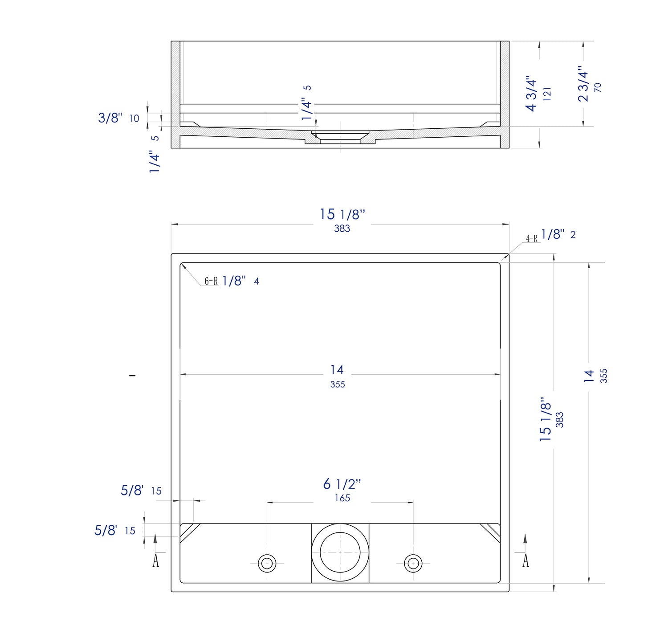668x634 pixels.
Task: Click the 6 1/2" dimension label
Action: point(342,484)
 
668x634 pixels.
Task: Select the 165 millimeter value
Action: point(342,498)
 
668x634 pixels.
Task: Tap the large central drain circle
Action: point(340,552)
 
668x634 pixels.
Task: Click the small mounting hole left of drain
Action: point(267,563)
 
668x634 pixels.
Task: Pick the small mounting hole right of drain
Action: point(413,563)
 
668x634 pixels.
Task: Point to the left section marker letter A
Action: point(155,560)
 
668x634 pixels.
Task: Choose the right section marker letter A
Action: point(525,560)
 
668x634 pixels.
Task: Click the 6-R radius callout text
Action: point(211,281)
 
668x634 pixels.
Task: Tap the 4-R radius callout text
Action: point(532,238)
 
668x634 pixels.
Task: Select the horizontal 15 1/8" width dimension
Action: point(342,215)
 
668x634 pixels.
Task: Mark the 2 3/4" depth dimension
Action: point(583,84)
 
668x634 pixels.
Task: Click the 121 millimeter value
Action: point(547,94)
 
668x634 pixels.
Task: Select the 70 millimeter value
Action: point(598,87)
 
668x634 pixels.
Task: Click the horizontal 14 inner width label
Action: point(337,370)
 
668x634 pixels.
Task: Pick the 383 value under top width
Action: point(342,229)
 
